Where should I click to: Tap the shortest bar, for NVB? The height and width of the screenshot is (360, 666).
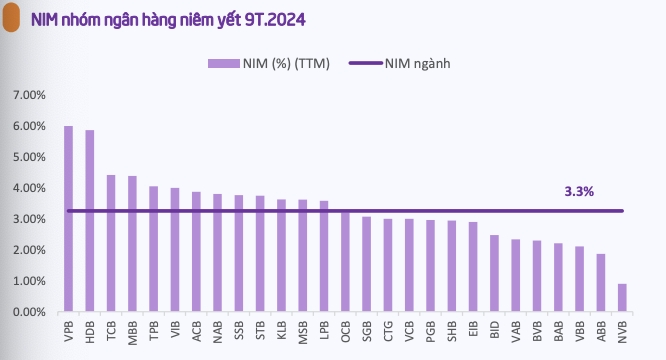622,297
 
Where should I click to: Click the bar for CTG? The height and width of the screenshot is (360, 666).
388,265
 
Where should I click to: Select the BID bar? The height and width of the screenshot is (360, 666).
494,273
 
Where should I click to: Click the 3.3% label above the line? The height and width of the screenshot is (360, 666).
579,190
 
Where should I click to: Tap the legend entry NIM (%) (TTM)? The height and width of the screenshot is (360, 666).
269,63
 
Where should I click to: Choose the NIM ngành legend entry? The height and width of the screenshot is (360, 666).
400,63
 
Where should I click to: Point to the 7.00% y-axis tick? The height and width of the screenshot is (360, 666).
29,95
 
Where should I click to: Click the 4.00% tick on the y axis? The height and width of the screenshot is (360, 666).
29,188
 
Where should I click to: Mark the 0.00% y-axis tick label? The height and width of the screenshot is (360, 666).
29,312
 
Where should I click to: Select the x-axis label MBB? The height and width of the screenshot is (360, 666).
133,332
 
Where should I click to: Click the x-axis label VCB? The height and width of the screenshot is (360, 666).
409,332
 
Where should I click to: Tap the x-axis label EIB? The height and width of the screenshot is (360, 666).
473,332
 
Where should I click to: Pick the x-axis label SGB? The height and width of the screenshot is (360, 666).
367,332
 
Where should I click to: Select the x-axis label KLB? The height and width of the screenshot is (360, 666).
282,332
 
